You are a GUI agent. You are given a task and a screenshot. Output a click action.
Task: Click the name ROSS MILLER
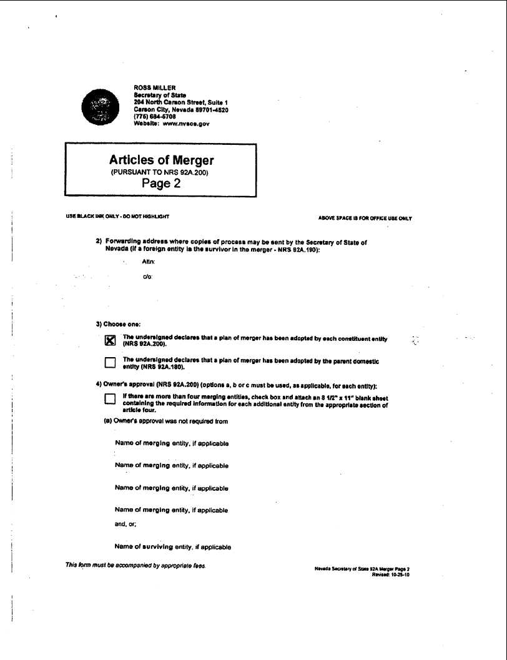(x=155, y=87)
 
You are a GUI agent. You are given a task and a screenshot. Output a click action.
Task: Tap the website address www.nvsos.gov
(x=185, y=124)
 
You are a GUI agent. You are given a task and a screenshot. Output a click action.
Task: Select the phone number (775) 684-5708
(x=151, y=116)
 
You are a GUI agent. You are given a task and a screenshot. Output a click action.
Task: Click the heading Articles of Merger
(x=161, y=160)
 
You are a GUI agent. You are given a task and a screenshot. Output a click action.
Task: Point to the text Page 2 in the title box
(x=161, y=183)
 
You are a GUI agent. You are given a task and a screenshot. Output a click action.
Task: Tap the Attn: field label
(x=139, y=264)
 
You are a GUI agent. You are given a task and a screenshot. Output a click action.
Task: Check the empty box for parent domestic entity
(x=111, y=363)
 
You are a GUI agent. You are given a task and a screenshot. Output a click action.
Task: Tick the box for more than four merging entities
(x=111, y=400)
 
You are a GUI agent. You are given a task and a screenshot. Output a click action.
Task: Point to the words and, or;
(x=126, y=525)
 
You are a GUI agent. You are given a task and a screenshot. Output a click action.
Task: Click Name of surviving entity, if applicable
(x=173, y=547)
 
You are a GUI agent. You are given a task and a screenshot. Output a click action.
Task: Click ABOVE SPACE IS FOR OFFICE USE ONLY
(x=365, y=219)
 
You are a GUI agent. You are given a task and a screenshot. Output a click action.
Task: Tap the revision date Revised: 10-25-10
(x=390, y=575)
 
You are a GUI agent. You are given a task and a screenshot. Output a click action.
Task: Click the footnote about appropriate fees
(x=135, y=566)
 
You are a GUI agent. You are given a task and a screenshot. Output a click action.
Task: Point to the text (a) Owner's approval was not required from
(x=165, y=421)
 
